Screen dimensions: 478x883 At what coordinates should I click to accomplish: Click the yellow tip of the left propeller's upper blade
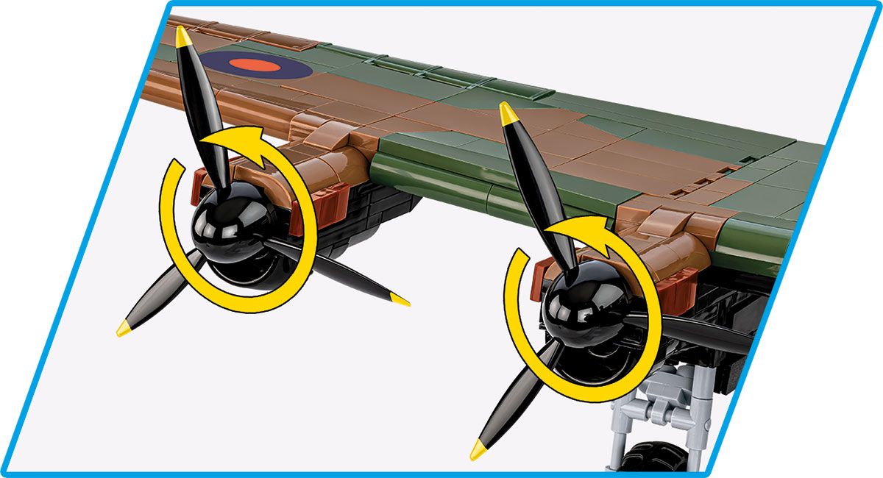click(x=182, y=36)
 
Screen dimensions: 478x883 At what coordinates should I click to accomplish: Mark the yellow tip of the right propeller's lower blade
click(x=478, y=448)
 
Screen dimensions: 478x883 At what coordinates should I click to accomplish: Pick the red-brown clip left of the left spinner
click(x=199, y=187)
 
